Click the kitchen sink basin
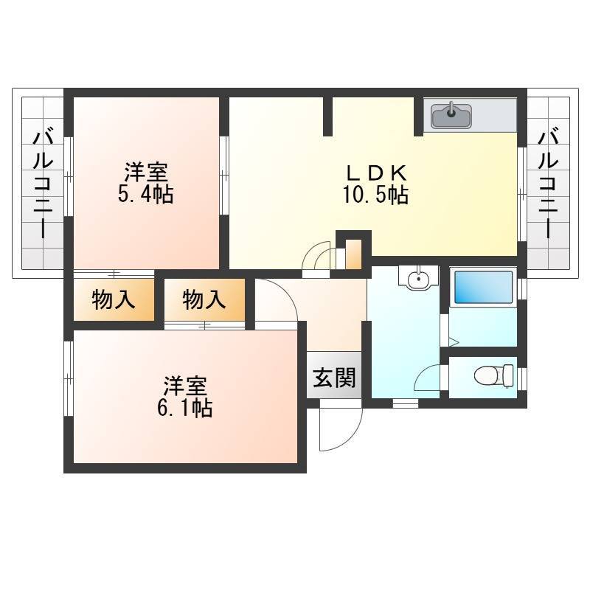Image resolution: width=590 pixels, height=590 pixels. [x=451, y=116]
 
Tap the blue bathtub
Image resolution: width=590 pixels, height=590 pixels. [x=484, y=288]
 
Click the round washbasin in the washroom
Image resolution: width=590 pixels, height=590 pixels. [x=418, y=279]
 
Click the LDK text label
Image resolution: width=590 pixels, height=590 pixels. [x=376, y=173]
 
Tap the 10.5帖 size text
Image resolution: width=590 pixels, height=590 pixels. [x=375, y=195]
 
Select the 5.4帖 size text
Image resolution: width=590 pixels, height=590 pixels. [x=145, y=195]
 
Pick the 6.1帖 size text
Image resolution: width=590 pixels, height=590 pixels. [x=184, y=408]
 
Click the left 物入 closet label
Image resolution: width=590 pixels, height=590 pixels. [x=114, y=300]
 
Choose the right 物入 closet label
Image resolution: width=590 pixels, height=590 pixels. [x=204, y=300]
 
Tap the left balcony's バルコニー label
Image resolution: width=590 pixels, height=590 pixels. [x=43, y=185]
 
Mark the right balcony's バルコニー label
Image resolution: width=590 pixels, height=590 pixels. [x=548, y=185]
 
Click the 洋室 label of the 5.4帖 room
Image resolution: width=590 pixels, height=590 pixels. [x=146, y=173]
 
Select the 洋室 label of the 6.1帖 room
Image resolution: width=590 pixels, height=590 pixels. [x=185, y=386]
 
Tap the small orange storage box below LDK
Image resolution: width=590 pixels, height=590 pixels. [x=353, y=254]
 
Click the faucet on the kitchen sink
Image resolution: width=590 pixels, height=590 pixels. [x=451, y=109]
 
